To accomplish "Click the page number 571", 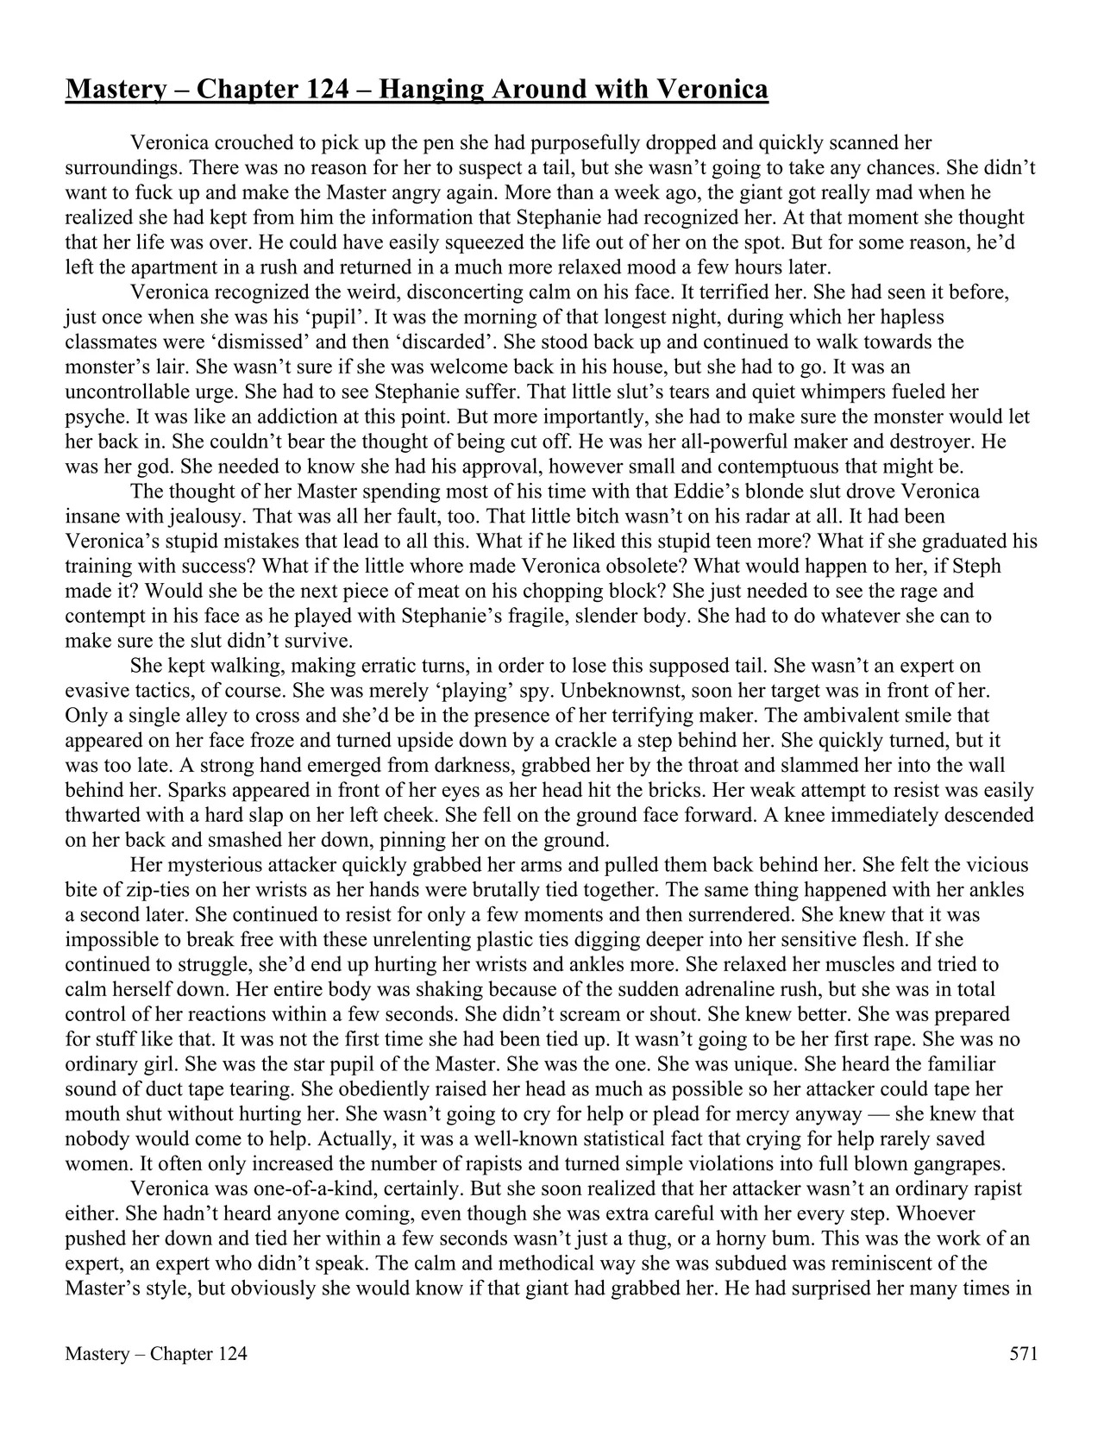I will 1023,1354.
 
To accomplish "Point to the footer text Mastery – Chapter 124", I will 156,1354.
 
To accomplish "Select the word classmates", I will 109,342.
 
